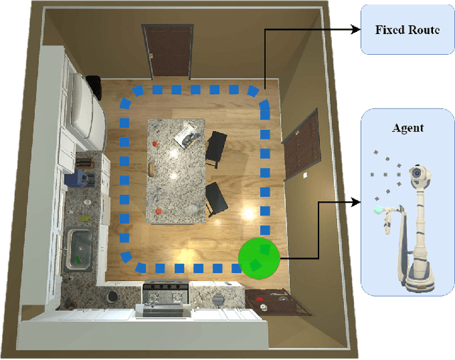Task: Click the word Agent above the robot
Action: click(407, 128)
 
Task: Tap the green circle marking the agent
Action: click(259, 258)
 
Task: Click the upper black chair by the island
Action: click(215, 148)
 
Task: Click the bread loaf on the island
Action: click(152, 168)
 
